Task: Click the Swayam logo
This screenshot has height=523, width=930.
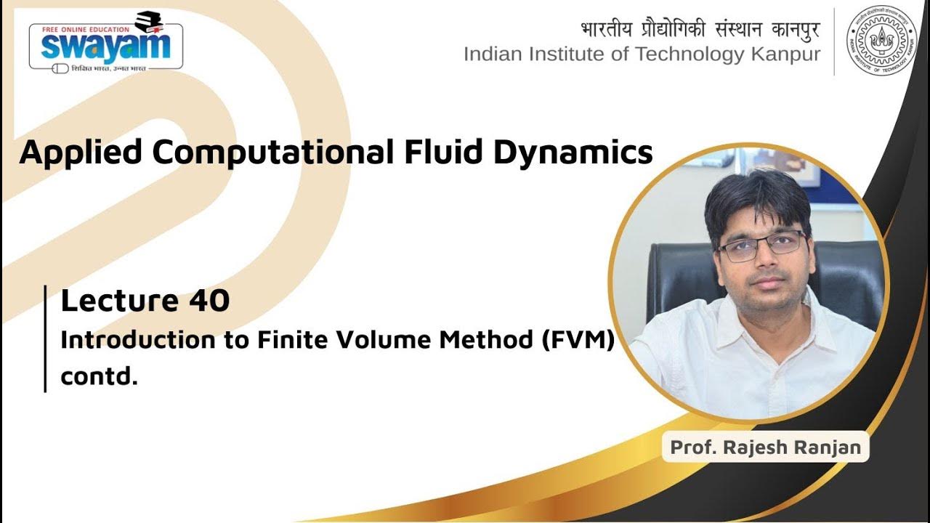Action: pos(105,44)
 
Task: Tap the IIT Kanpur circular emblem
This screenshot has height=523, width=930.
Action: pos(881,41)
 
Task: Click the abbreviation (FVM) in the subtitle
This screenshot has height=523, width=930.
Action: pos(578,340)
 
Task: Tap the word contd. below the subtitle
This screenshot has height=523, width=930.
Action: pos(99,378)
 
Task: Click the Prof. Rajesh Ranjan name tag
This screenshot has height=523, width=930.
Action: pos(765,447)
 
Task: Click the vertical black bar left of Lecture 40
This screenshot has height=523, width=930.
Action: pos(46,338)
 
